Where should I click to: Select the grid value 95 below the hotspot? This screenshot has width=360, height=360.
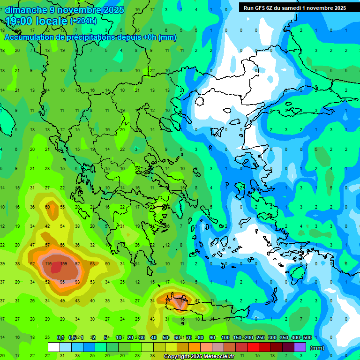[62, 282]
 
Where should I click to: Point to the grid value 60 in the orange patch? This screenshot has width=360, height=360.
[47, 207]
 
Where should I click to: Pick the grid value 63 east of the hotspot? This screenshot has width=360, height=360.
[92, 264]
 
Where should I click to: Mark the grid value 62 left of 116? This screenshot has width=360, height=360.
[32, 264]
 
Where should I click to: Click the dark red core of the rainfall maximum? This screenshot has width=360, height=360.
[56, 268]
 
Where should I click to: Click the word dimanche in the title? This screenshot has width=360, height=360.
[26, 10]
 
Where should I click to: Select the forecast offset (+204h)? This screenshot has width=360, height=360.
[83, 21]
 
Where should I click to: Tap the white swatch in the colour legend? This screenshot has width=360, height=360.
[54, 347]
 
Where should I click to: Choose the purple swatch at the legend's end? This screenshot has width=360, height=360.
[300, 347]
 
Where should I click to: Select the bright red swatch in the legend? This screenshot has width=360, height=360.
[253, 347]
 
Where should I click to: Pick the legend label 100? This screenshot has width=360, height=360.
[225, 337]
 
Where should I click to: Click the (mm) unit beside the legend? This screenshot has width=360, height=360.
[317, 348]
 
